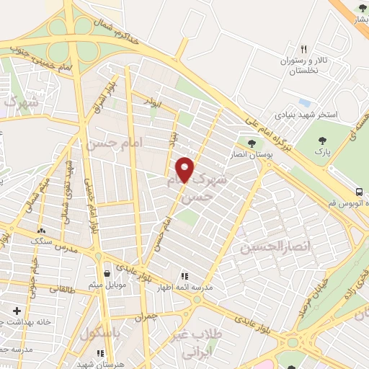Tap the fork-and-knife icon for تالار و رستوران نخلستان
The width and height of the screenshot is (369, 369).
tap(304, 49)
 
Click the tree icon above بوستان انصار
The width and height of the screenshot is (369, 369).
tap(251, 143)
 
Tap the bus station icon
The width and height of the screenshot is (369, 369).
tap(358, 192)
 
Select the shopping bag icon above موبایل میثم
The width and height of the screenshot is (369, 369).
tap(107, 274)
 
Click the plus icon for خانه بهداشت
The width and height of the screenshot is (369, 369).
tap(17, 311)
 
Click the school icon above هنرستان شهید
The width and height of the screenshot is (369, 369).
tap(101, 353)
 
